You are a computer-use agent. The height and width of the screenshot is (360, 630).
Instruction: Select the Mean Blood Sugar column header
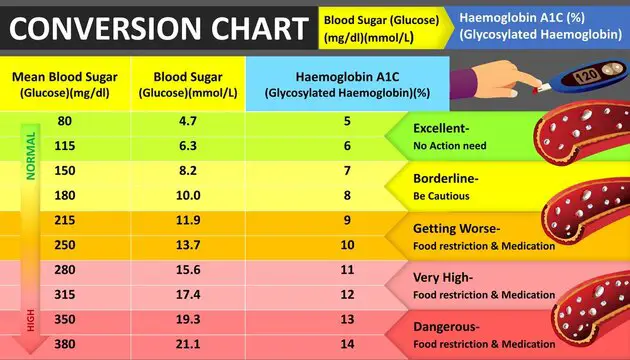(x=63, y=84)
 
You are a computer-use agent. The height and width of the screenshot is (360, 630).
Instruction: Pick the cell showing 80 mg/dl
(x=65, y=121)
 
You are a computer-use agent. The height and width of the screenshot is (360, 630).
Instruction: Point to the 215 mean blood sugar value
(x=65, y=219)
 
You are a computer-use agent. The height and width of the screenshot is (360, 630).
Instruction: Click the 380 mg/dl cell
(x=65, y=345)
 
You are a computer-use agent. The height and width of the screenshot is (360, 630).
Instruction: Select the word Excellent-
(x=441, y=129)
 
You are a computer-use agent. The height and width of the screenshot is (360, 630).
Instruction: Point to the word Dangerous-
(x=446, y=327)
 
